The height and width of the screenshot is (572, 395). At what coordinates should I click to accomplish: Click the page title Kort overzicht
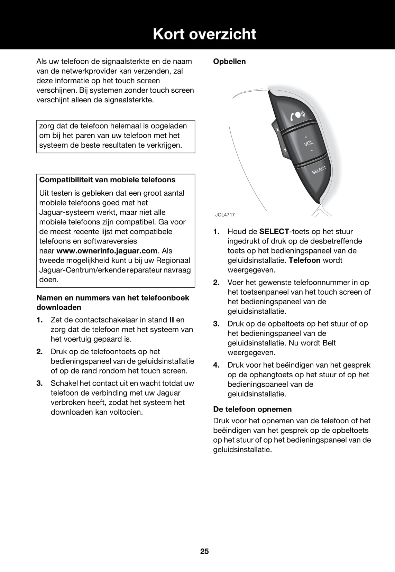coord(204,34)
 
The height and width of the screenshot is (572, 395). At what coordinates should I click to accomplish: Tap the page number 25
coord(204,551)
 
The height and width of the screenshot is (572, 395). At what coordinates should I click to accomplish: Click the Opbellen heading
coord(229,62)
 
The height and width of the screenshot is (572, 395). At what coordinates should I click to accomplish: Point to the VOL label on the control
coord(309,143)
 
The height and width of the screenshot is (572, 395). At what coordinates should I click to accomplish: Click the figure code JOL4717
coord(225,215)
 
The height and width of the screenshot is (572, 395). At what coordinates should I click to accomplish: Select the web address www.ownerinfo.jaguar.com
coord(107,251)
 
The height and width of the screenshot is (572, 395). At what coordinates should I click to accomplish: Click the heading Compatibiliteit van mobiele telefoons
coord(107,180)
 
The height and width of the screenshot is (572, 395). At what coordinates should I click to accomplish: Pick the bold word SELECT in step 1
coord(274,232)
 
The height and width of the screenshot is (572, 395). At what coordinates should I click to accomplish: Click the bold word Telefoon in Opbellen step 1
coord(304,260)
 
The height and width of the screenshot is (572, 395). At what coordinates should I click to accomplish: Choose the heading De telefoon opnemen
coord(252,409)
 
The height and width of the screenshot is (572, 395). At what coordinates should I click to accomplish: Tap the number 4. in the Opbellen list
coord(216,365)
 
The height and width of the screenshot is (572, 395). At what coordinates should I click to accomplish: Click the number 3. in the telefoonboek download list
coord(39,383)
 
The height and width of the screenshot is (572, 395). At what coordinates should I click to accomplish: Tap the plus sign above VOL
coord(306,137)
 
